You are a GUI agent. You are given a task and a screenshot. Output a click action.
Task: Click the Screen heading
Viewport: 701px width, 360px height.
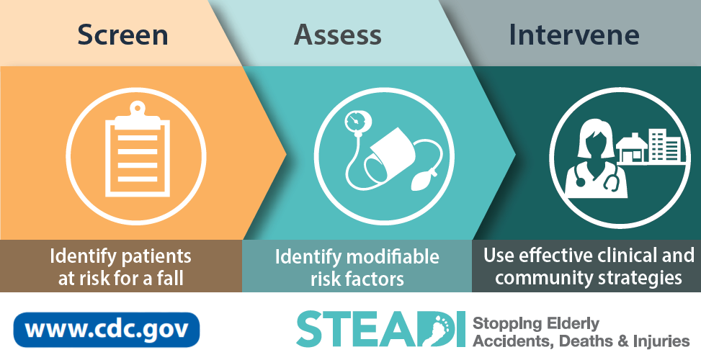(122, 35)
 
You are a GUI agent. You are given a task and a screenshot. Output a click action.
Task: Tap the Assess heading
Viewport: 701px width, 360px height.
(338, 35)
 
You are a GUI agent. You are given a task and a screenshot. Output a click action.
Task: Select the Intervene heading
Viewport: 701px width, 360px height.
(574, 35)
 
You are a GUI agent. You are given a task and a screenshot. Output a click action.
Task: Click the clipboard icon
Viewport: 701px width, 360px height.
(138, 150)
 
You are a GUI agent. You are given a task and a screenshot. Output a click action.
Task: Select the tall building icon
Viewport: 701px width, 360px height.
(665, 145)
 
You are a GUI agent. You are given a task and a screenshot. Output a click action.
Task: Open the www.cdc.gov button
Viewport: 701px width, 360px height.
(107, 330)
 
